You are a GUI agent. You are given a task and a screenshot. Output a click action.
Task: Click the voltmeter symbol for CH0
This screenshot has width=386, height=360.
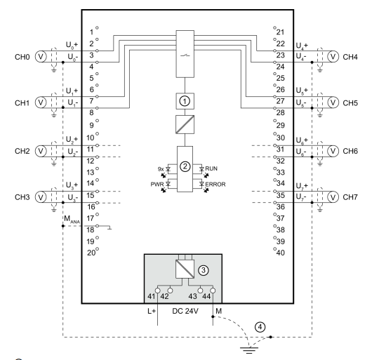pyautogui.click(x=41, y=57)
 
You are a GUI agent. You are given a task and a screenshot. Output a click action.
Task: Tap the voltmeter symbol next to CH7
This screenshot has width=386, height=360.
pyautogui.click(x=333, y=197)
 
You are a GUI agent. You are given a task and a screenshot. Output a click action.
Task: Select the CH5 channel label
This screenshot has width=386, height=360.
pyautogui.click(x=350, y=103)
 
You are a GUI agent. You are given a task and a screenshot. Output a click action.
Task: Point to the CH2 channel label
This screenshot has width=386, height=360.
pyautogui.click(x=22, y=151)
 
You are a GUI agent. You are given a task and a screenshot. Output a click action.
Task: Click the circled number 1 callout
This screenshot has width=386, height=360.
pyautogui.click(x=185, y=101)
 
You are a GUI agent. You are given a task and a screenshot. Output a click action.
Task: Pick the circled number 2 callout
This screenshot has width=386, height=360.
pyautogui.click(x=185, y=166)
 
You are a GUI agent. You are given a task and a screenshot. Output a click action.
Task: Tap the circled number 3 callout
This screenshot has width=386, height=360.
pyautogui.click(x=204, y=270)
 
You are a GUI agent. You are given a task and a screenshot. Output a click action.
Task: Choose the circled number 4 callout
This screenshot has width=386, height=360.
pyautogui.click(x=260, y=327)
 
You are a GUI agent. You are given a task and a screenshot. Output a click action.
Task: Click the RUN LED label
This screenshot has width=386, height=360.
pyautogui.click(x=211, y=168)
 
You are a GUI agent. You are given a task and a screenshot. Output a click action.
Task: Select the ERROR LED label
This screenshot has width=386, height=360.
pyautogui.click(x=215, y=185)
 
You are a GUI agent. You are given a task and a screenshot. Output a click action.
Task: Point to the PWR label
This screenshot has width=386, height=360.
pyautogui.click(x=157, y=185)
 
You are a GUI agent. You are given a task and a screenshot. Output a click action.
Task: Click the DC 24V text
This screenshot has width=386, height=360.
pyautogui.click(x=185, y=312)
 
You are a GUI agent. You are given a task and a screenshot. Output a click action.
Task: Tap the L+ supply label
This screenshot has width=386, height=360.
pyautogui.click(x=152, y=312)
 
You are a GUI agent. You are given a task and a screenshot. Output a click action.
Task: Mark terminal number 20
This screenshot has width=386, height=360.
pyautogui.click(x=91, y=253)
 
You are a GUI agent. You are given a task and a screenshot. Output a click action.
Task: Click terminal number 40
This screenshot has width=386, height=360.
pyautogui.click(x=281, y=253)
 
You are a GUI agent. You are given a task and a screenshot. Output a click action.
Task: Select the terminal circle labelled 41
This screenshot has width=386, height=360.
pyautogui.click(x=157, y=291)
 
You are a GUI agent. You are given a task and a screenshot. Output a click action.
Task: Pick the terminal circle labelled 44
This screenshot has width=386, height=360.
pyautogui.click(x=213, y=291)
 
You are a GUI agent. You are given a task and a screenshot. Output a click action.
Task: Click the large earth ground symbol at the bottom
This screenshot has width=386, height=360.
pyautogui.click(x=249, y=350)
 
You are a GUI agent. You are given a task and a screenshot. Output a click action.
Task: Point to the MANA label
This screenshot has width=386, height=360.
pyautogui.click(x=72, y=219)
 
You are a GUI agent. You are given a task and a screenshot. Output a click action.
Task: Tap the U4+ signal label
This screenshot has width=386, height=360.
pyautogui.click(x=302, y=46)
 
